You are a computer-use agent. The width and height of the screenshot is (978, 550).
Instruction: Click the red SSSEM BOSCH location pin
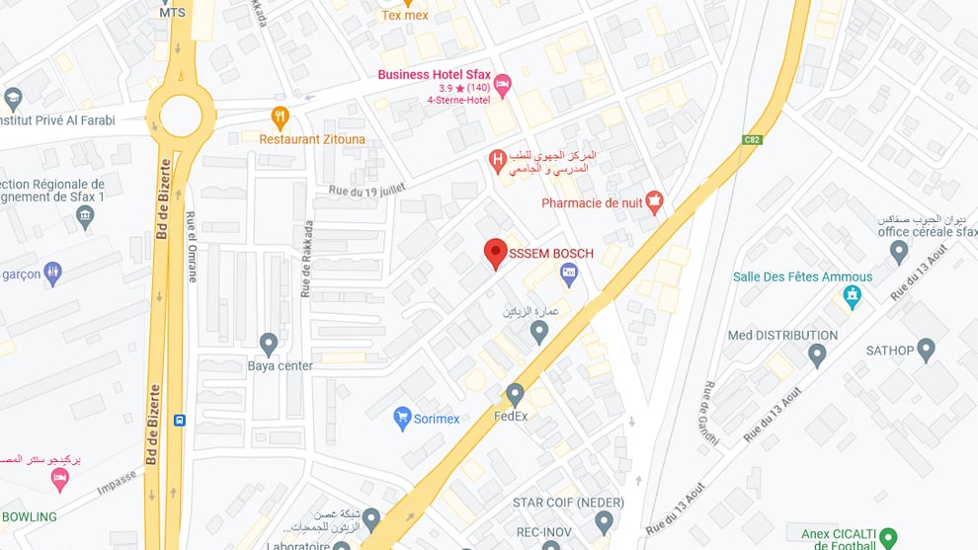[x=496, y=254]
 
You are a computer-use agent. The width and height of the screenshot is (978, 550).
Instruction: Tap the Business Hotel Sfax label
[x=435, y=74]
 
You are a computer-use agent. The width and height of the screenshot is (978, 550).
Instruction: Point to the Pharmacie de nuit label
[x=592, y=203]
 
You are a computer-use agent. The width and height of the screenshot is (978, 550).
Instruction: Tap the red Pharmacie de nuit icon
[x=653, y=203]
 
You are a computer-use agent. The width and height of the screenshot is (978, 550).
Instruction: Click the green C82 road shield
[x=753, y=139]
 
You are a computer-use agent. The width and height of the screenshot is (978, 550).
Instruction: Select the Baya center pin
[x=269, y=344]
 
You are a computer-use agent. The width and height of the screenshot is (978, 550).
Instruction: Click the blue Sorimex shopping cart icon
[x=402, y=419]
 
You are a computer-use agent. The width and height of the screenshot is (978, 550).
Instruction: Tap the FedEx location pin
[x=515, y=395]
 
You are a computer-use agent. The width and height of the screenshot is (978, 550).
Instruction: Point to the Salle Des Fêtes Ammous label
[x=802, y=276]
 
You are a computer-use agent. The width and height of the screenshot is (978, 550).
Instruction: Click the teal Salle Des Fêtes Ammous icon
[x=853, y=295]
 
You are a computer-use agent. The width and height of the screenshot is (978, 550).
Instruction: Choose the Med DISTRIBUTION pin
[x=816, y=354]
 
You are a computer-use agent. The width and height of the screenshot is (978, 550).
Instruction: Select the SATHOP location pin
[x=926, y=349]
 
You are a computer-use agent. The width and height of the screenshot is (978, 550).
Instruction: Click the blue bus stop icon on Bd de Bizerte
[x=179, y=420]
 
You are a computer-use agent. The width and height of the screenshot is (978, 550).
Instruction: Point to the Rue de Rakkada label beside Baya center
[x=306, y=259]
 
